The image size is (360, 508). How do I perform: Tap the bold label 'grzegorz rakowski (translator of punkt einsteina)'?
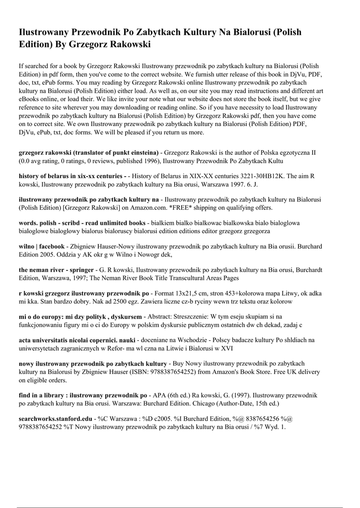[88, 153]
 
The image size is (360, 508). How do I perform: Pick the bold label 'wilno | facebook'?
[42, 246]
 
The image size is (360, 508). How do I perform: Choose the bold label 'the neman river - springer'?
[56, 269]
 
